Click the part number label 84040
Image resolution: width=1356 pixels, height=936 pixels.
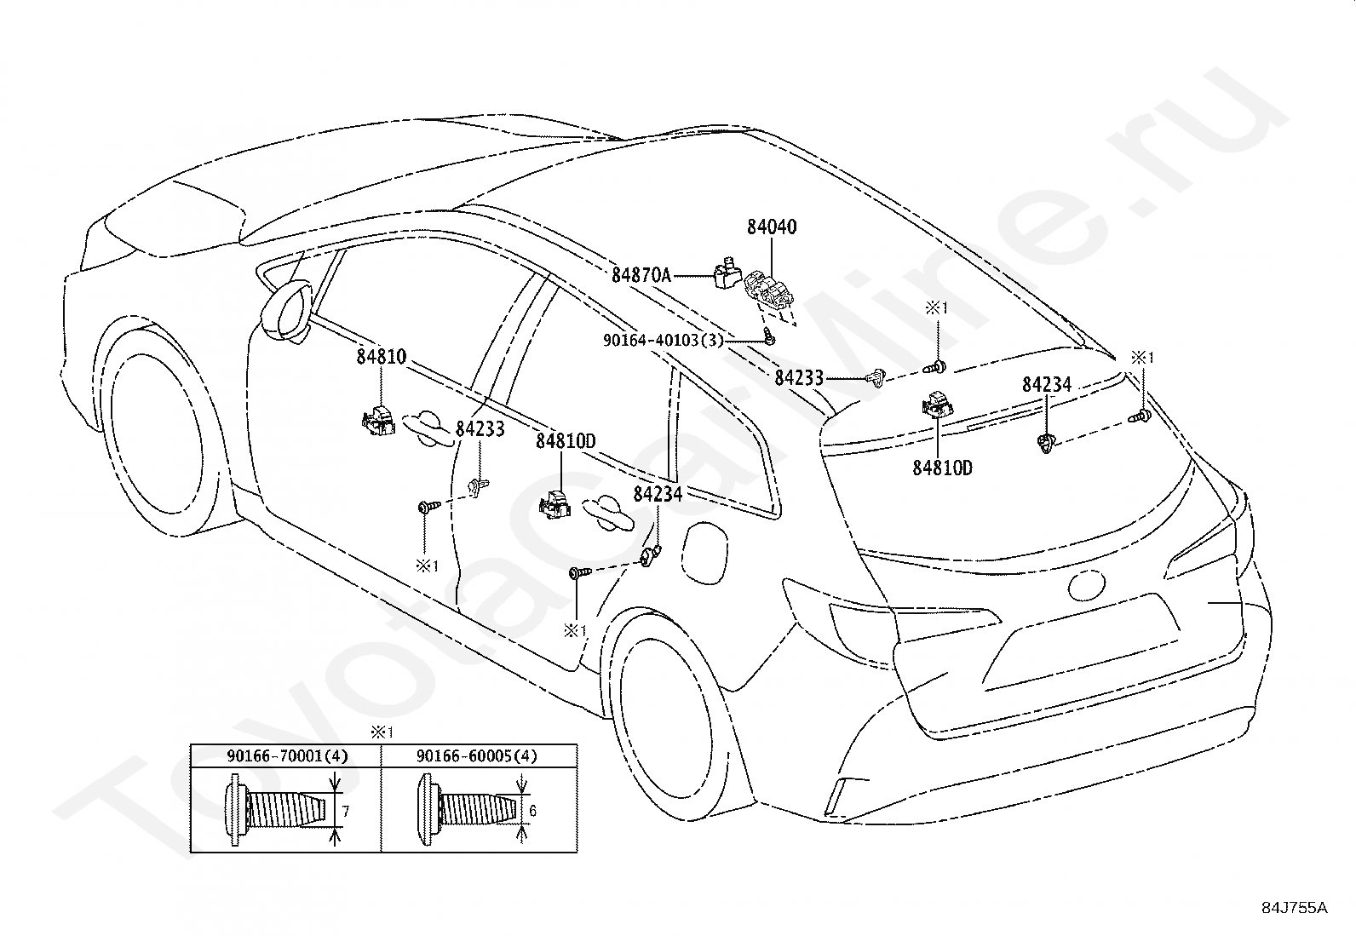(772, 227)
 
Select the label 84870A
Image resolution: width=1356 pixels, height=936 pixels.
(641, 275)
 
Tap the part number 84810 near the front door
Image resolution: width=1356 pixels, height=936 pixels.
(382, 357)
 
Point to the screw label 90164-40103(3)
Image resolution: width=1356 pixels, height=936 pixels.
(664, 341)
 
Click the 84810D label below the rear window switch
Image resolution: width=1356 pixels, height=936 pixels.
(943, 468)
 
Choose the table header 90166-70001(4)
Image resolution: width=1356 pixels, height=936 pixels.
(288, 755)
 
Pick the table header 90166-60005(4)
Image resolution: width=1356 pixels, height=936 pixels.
(477, 755)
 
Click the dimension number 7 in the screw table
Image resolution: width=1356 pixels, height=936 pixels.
(346, 811)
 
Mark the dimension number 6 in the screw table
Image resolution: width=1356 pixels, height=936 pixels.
(532, 811)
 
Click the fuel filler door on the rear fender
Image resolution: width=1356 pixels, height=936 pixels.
(704, 553)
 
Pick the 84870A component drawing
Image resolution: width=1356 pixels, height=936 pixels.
(726, 273)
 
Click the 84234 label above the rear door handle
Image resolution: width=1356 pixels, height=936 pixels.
(658, 495)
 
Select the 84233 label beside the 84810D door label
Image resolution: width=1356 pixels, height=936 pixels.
(480, 429)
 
